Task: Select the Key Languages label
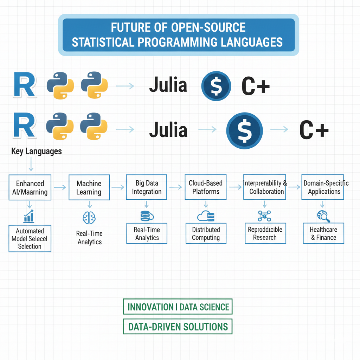37,152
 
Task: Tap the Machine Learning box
89,188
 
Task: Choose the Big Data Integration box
147,187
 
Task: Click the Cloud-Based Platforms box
206,187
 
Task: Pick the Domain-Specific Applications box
322,187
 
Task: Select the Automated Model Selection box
30,239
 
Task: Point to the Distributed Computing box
206,233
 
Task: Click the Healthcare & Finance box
323,233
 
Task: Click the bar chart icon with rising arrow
29,216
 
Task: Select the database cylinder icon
146,216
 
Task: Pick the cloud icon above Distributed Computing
206,216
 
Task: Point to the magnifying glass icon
323,216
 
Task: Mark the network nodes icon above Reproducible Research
264,216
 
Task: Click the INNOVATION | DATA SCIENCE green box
178,307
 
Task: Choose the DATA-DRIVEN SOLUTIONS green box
178,326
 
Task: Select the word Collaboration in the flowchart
266,192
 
